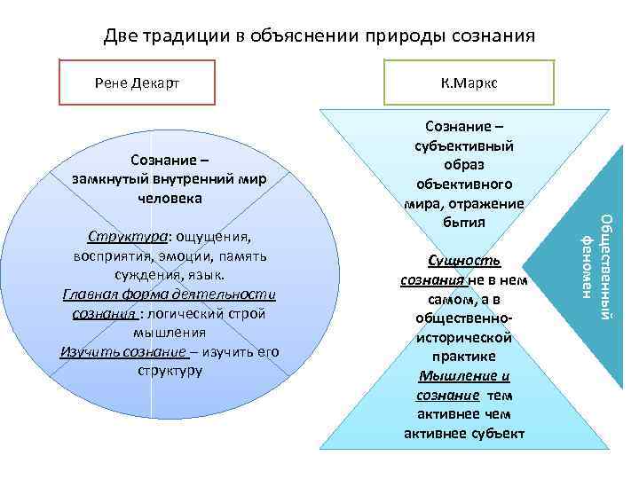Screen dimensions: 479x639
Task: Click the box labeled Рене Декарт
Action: (137, 82)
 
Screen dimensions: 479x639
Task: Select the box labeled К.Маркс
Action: (468, 82)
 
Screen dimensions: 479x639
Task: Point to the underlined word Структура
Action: (123, 238)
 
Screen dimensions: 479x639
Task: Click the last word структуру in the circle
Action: (170, 370)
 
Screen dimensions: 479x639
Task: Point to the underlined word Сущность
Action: (464, 261)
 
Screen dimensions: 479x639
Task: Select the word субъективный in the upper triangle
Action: (464, 145)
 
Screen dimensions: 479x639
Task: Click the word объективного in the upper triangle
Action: (464, 185)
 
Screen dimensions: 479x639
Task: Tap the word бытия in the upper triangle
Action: (464, 223)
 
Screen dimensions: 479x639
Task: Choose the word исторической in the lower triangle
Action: (464, 338)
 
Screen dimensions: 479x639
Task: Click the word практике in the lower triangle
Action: (464, 357)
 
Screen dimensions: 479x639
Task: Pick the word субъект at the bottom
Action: (496, 434)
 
